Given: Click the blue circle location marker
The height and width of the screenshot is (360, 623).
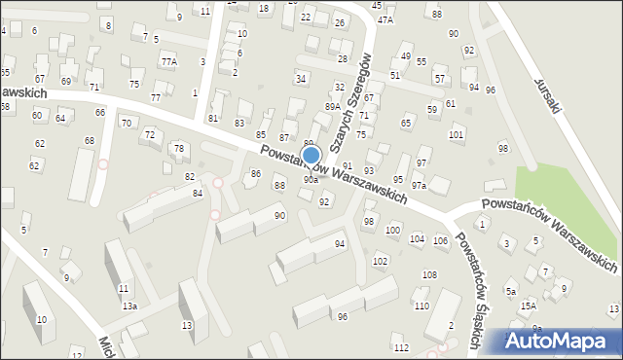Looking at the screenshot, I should pyautogui.click(x=311, y=155).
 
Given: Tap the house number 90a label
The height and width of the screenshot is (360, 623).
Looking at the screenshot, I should pyautogui.click(x=311, y=180).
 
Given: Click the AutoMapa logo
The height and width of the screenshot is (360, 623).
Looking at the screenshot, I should pyautogui.click(x=561, y=340).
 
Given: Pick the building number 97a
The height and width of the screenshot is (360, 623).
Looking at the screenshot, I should pyautogui.click(x=419, y=185).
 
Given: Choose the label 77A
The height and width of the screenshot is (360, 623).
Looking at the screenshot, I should pyautogui.click(x=169, y=61).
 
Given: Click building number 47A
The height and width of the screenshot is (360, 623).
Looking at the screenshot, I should pyautogui.click(x=385, y=19).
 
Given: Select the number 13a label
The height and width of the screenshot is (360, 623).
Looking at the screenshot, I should pyautogui.click(x=129, y=306).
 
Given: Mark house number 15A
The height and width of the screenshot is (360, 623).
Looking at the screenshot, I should pyautogui.click(x=528, y=306).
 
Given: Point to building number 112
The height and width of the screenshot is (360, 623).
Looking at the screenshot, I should pyautogui.click(x=400, y=347).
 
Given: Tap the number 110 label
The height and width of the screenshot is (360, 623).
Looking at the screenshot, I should pyautogui.click(x=421, y=306).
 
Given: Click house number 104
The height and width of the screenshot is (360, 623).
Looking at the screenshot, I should pyautogui.click(x=417, y=238).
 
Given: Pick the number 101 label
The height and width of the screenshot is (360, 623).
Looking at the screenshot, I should pyautogui.click(x=456, y=135).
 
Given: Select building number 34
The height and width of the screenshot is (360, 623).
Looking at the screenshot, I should pyautogui.click(x=302, y=78).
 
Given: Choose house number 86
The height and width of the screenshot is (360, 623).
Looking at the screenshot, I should pyautogui.click(x=256, y=173).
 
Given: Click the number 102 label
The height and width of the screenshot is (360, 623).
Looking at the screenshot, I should pyautogui.click(x=380, y=262).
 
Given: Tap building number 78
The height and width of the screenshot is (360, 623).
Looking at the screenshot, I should pyautogui.click(x=178, y=148).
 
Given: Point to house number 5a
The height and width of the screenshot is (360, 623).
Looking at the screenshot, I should pyautogui.click(x=510, y=291).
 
